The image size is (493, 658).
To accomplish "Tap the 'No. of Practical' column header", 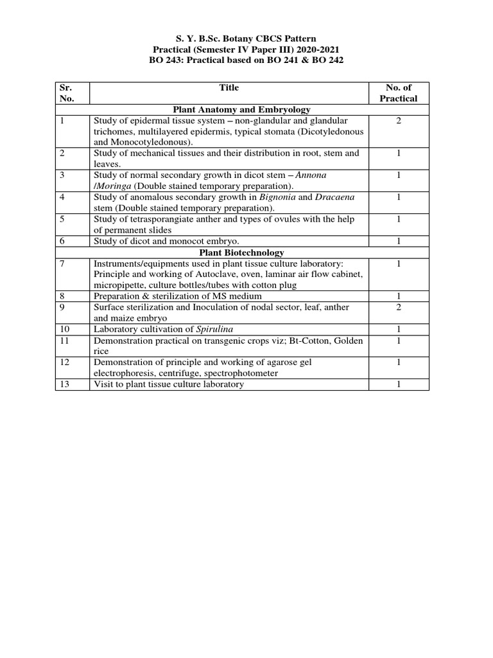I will pyautogui.click(x=398, y=93).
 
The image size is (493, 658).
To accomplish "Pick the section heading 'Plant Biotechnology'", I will pyautogui.click(x=229, y=253).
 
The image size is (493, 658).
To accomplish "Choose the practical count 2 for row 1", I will pyautogui.click(x=398, y=121).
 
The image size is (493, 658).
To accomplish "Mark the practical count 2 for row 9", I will pyautogui.click(x=398, y=307).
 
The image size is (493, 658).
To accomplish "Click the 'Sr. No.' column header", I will pyautogui.click(x=67, y=93).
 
